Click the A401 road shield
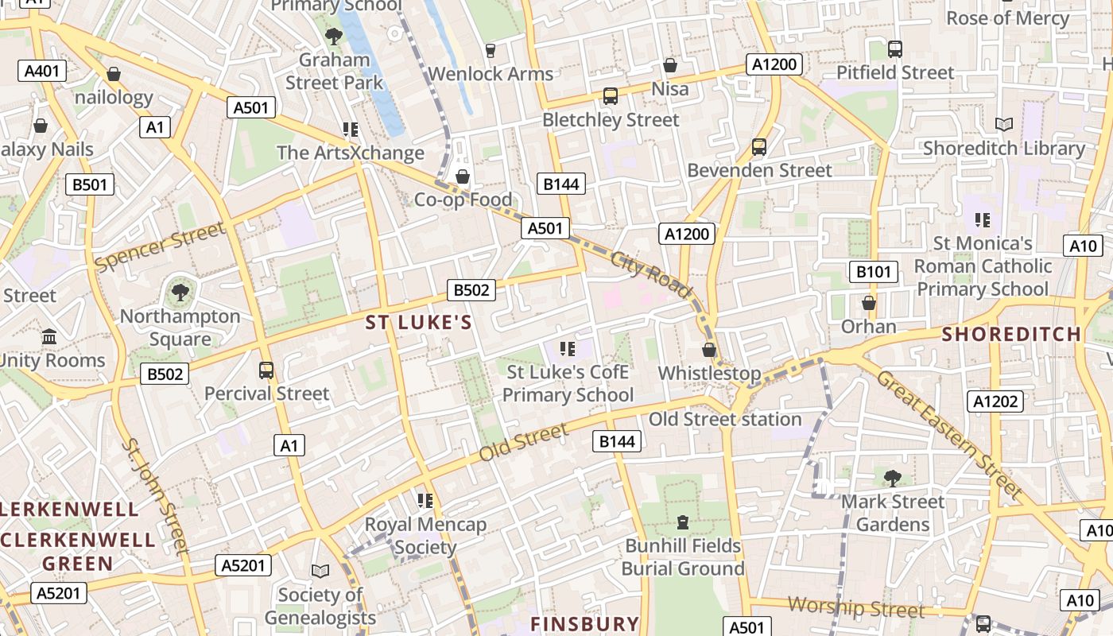tap(41, 71)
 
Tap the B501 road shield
tap(89, 185)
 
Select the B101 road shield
tap(873, 272)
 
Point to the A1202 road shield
tap(995, 401)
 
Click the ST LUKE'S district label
tap(418, 323)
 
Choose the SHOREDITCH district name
tap(1011, 334)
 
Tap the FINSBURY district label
tap(584, 623)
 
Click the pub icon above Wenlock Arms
tap(490, 50)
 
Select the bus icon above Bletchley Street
tap(610, 96)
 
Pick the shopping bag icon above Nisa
tap(670, 65)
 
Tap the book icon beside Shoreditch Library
tap(1003, 124)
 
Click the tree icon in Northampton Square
tap(180, 292)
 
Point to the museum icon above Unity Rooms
tap(50, 336)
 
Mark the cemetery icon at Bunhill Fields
tap(682, 522)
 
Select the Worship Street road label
tap(855, 608)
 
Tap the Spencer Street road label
tap(160, 246)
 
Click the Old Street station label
tap(725, 419)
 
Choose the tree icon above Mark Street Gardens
tap(892, 478)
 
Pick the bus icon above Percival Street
tap(266, 370)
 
